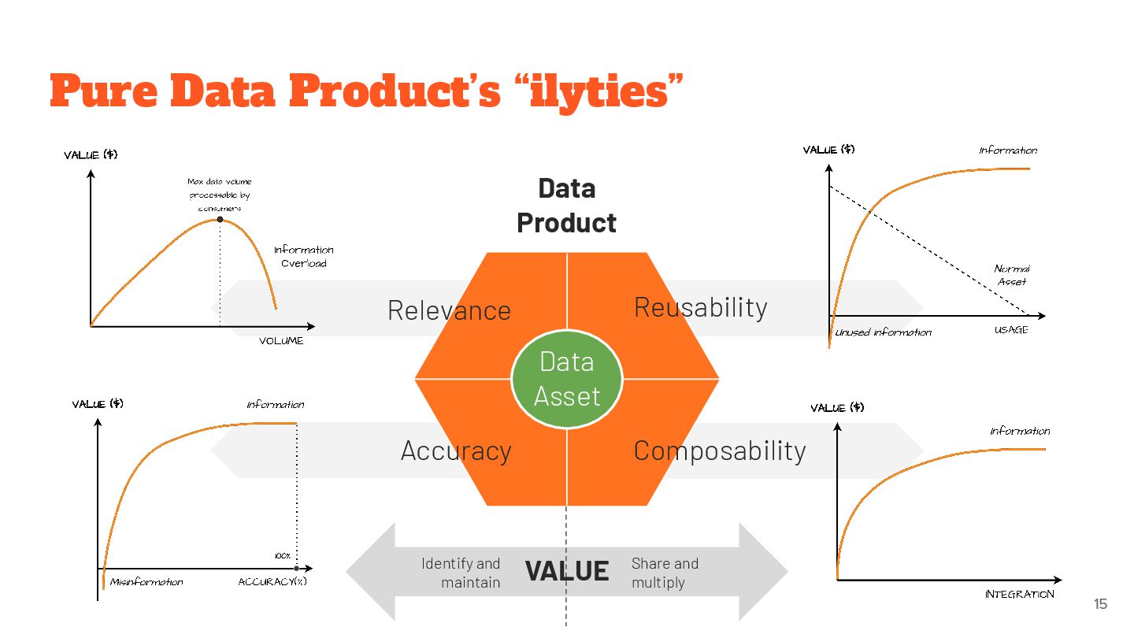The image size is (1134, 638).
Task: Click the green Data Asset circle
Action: (x=567, y=379)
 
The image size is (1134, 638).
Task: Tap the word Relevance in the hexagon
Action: (x=449, y=310)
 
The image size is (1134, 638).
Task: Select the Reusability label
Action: (x=700, y=307)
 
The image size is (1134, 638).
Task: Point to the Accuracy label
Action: (x=456, y=451)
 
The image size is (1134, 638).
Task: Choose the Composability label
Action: (x=720, y=451)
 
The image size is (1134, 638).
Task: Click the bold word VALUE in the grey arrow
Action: (x=567, y=571)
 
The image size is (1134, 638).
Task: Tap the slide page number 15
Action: (x=1100, y=604)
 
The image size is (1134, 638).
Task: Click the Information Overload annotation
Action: (x=304, y=257)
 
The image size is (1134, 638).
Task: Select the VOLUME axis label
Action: (x=281, y=341)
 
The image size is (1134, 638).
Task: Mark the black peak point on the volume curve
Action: (x=220, y=219)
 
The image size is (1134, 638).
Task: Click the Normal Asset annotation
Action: (x=1012, y=275)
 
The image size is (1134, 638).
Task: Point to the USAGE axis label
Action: (x=1011, y=330)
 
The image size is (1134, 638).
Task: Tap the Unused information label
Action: (x=884, y=332)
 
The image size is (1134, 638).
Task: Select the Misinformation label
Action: (x=146, y=582)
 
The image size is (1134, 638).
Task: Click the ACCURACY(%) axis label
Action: (x=272, y=582)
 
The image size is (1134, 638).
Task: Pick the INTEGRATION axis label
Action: (x=1019, y=594)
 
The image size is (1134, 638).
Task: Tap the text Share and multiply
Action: (x=665, y=573)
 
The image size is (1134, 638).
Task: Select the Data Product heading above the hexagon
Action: (x=566, y=206)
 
